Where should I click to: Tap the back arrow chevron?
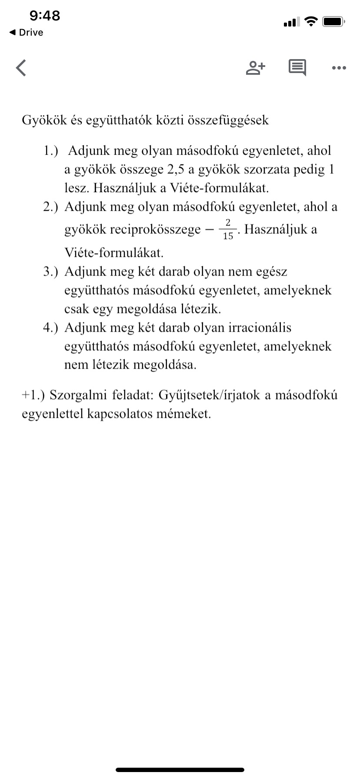click(x=21, y=67)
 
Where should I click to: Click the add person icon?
click(x=256, y=67)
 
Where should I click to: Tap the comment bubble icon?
click(x=297, y=67)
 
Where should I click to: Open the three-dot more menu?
click(x=339, y=68)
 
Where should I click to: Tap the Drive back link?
click(x=27, y=33)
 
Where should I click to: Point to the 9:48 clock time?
click(x=45, y=16)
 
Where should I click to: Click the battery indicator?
click(x=334, y=21)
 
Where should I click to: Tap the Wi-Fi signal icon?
click(x=311, y=21)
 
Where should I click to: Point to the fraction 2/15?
click(x=228, y=229)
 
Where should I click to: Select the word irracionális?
click(x=260, y=327)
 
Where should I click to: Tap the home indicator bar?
click(x=180, y=770)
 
